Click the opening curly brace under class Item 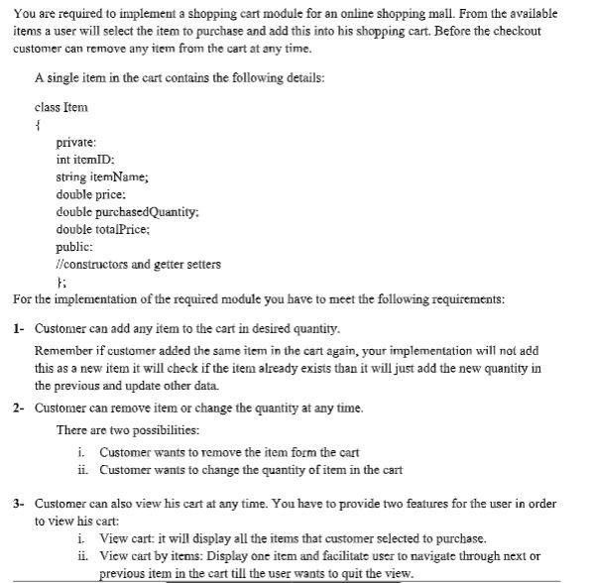37,125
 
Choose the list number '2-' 20,408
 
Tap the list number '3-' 20,504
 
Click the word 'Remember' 62,351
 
